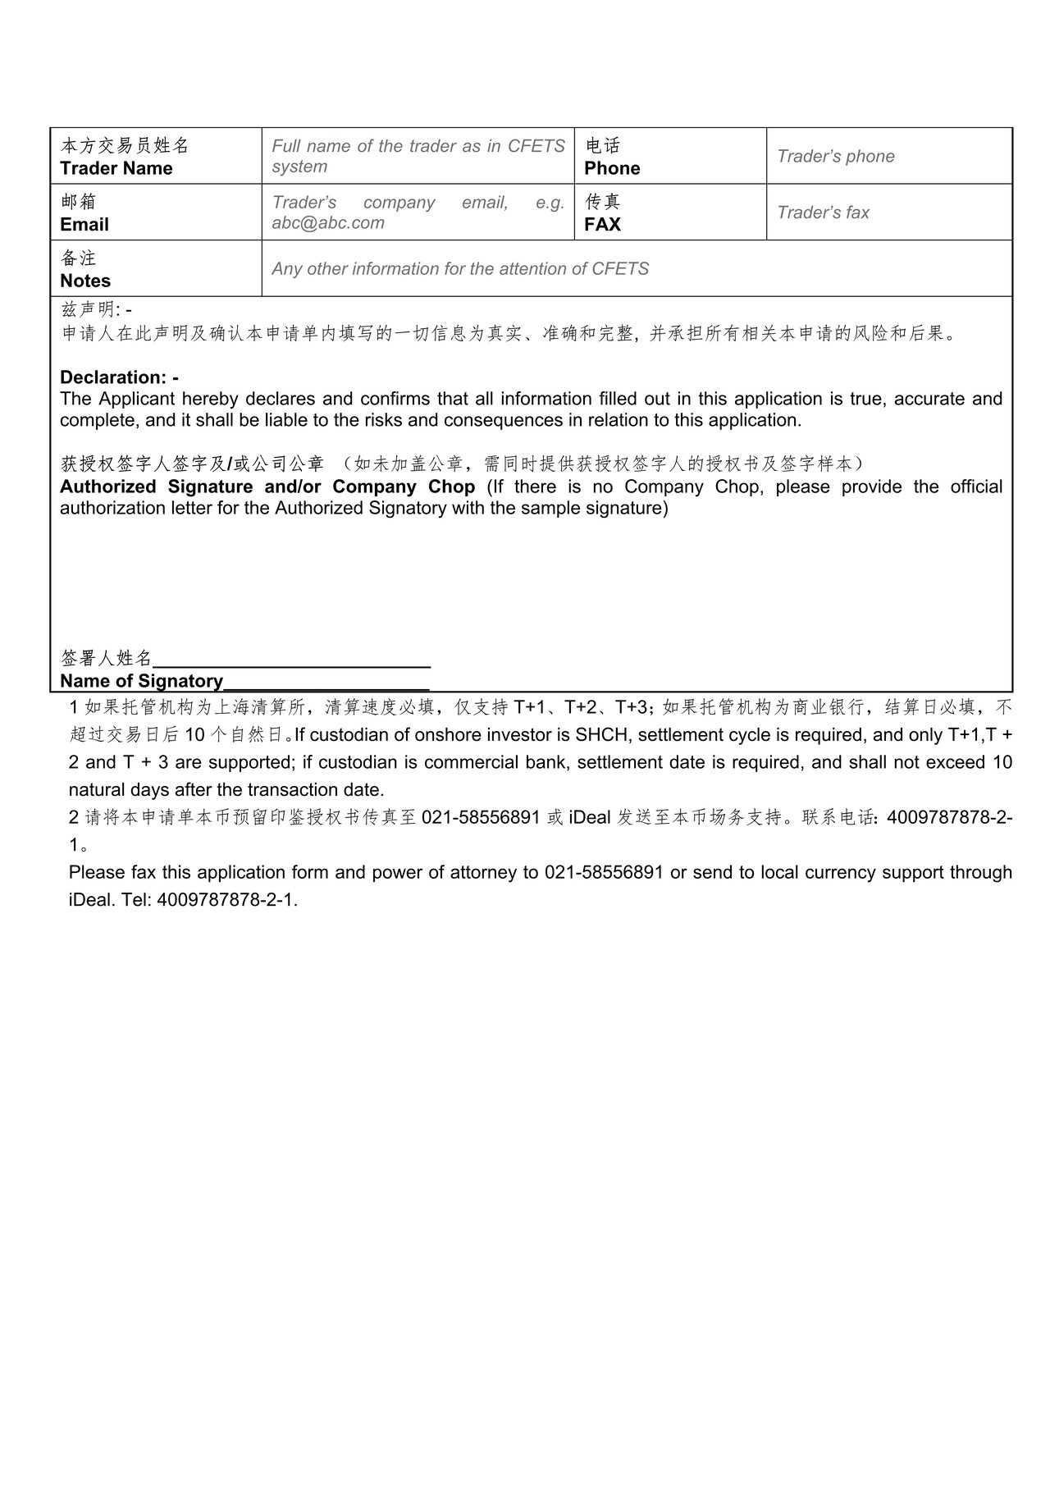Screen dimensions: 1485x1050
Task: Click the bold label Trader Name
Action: [116, 168]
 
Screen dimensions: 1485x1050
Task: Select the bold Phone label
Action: [612, 168]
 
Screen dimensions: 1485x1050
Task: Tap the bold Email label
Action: [84, 225]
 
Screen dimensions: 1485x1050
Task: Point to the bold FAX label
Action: [603, 225]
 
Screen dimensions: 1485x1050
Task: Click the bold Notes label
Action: [85, 281]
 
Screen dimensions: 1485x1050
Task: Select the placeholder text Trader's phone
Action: [835, 157]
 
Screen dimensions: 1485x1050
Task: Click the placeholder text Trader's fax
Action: [823, 212]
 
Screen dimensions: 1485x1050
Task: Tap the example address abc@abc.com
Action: [328, 223]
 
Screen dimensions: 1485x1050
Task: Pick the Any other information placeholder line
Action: [460, 269]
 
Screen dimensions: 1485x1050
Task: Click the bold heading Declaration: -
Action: [120, 377]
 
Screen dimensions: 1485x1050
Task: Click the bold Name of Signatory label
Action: [141, 681]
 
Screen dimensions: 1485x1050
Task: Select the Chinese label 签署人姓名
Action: [107, 658]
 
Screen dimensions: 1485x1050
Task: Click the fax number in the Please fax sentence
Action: [604, 872]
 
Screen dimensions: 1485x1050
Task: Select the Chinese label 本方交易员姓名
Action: [125, 146]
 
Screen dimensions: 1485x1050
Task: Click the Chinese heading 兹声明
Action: [89, 310]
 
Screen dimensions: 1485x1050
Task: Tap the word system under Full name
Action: [299, 167]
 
